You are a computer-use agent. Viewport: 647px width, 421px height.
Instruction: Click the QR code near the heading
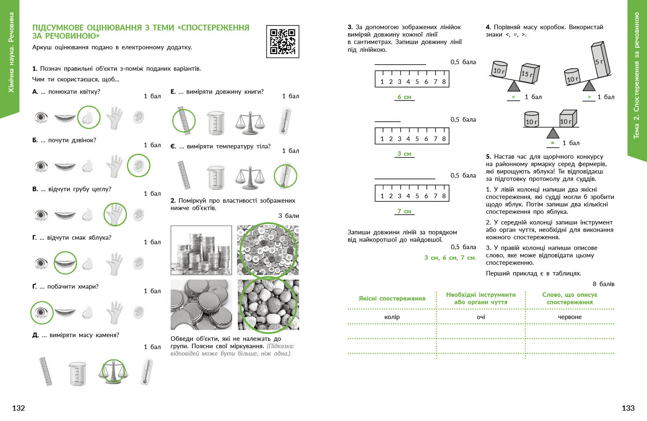tap(283, 42)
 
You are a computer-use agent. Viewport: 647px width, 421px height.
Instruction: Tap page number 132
tap(18, 408)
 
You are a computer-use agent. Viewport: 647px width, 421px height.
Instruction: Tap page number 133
tap(628, 408)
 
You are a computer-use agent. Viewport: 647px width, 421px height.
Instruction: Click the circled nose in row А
tap(89, 118)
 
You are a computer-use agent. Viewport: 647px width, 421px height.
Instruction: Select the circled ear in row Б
tap(138, 166)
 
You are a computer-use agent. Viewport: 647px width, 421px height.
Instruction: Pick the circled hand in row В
tap(115, 214)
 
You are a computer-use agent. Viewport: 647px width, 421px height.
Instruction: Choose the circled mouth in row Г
tap(65, 263)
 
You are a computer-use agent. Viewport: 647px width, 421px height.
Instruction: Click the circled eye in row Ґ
tap(41, 312)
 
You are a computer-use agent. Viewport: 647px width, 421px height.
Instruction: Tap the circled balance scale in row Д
tap(113, 371)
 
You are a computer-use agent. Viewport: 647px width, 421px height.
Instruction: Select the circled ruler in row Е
tap(184, 121)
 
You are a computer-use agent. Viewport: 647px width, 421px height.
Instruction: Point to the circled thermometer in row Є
tap(285, 176)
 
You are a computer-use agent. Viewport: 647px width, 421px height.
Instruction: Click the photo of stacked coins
tap(201, 250)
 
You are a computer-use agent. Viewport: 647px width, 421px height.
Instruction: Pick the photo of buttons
tap(268, 250)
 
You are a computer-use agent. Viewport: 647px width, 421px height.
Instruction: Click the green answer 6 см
tap(404, 97)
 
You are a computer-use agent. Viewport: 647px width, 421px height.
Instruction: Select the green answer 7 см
tap(404, 211)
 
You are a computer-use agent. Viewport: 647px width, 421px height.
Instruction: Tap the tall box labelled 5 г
tap(600, 60)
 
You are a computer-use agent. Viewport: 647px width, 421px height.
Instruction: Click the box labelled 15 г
tap(529, 74)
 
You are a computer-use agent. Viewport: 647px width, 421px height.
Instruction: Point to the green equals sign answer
tap(553, 143)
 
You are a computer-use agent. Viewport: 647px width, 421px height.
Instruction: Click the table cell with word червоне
tap(569, 317)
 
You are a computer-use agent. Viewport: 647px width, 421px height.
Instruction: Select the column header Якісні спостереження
tap(392, 298)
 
